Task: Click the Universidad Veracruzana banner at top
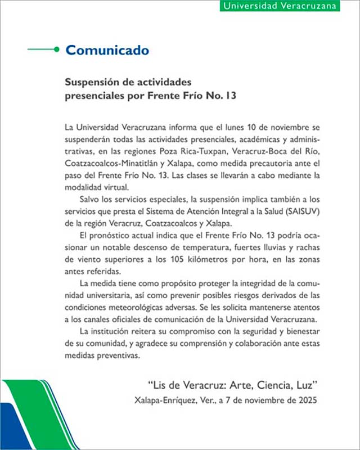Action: pyautogui.click(x=280, y=6)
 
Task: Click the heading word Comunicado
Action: pyautogui.click(x=107, y=50)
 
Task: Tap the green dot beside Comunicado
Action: pyautogui.click(x=56, y=49)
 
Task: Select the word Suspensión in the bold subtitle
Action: pyautogui.click(x=92, y=83)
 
